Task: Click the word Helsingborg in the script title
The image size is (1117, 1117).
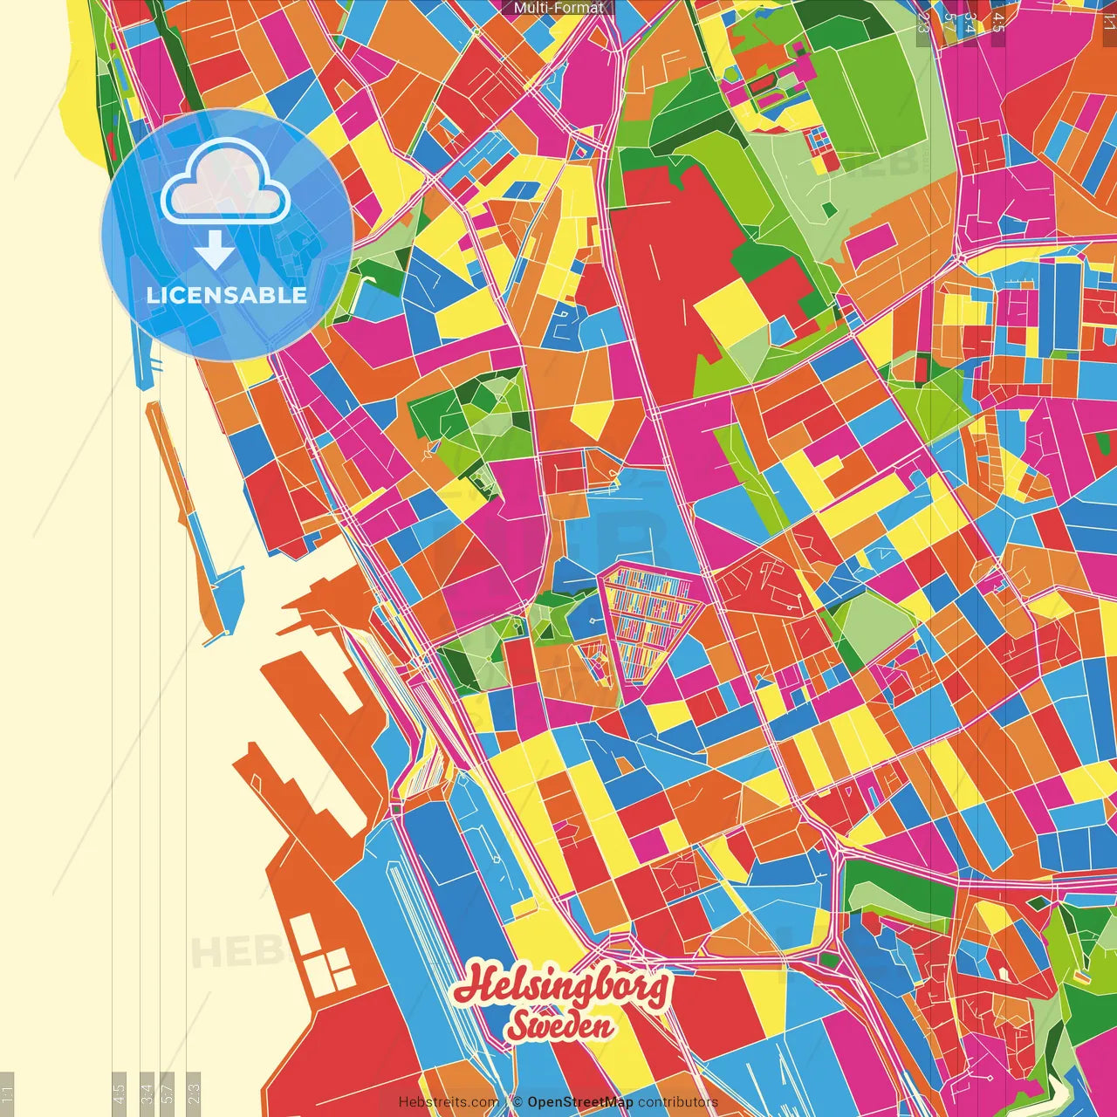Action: [x=563, y=987]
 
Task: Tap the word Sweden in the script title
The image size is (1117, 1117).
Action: [x=559, y=1026]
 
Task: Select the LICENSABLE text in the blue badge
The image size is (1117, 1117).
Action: [x=227, y=295]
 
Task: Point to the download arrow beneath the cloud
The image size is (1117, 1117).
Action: [x=215, y=250]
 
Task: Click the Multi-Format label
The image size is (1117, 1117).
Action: [x=558, y=8]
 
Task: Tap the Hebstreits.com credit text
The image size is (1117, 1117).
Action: [x=449, y=1102]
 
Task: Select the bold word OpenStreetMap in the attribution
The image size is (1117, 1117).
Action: [x=580, y=1102]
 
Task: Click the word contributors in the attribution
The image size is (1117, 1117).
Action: [x=678, y=1102]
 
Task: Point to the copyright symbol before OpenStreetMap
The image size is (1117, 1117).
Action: [x=517, y=1102]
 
